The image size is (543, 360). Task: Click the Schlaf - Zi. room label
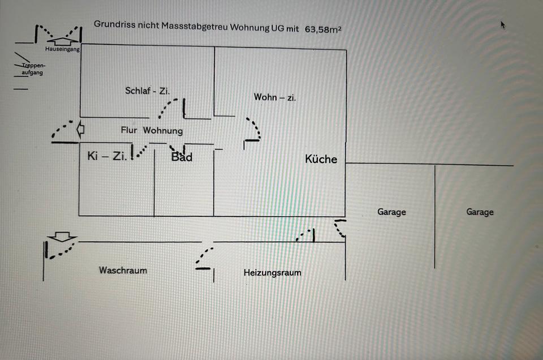[x=148, y=91]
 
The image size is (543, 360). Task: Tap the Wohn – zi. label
[x=275, y=97]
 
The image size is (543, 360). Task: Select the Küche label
[x=321, y=159]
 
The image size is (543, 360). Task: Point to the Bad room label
[x=182, y=157]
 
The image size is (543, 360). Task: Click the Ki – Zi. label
[x=106, y=156]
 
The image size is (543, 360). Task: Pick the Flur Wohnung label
[x=152, y=131]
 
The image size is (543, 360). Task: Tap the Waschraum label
[x=123, y=271]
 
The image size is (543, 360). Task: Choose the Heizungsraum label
[x=272, y=273]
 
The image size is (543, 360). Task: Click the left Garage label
[x=391, y=212]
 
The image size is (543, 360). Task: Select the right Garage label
[x=480, y=212]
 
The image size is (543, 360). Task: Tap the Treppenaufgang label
[x=32, y=69]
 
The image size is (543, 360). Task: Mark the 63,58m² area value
[x=322, y=29]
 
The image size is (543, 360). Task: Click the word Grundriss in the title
[x=112, y=25]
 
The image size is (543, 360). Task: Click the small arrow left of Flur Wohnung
[x=81, y=129]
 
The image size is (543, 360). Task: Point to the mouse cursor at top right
[x=502, y=24]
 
